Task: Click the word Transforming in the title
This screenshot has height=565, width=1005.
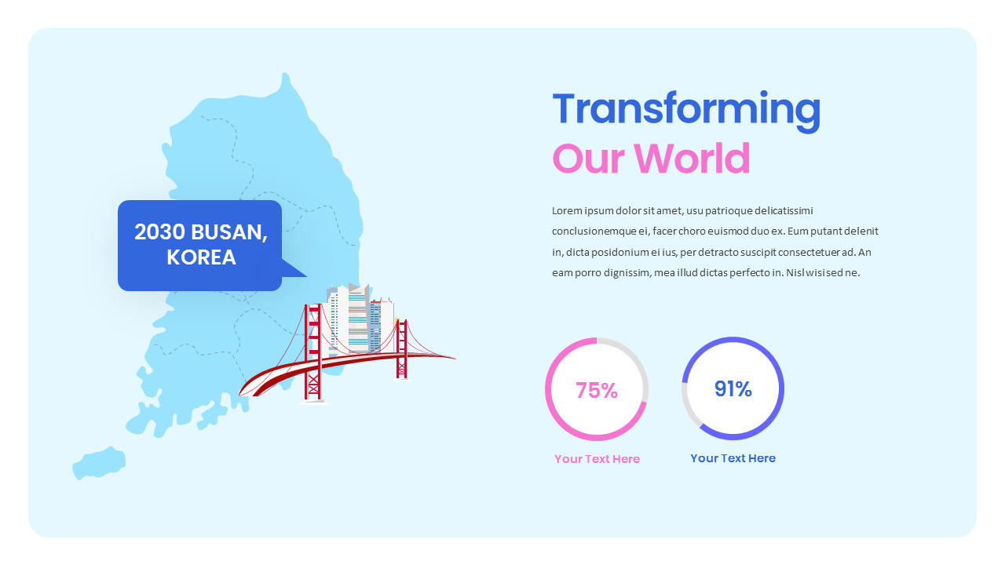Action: (686, 110)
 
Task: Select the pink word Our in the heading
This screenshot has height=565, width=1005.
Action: (588, 159)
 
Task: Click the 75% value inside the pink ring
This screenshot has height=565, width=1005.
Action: (597, 390)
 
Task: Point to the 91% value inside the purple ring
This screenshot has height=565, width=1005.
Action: (733, 388)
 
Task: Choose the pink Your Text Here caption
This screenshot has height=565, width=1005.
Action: (597, 459)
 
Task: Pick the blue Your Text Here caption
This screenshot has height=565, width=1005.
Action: (733, 458)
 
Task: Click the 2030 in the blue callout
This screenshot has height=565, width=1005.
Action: (159, 232)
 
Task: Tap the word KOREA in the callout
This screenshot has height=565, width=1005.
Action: (201, 258)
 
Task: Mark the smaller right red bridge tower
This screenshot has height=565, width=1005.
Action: (402, 349)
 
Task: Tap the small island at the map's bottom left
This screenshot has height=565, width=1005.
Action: (98, 462)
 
